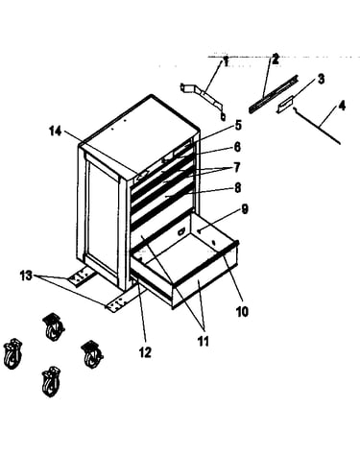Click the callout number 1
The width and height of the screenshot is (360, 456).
click(226, 61)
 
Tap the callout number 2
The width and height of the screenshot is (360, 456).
click(276, 59)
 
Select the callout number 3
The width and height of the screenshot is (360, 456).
click(321, 79)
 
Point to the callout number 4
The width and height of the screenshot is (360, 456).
click(342, 106)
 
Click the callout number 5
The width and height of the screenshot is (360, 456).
click(238, 126)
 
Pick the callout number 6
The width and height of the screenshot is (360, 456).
click(237, 147)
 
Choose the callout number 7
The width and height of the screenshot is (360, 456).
click(237, 168)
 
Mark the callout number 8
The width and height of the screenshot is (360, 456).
click(237, 188)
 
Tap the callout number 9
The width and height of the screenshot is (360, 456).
click(244, 209)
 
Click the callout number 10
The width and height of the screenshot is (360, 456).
click(242, 311)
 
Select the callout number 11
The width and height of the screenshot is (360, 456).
click(203, 341)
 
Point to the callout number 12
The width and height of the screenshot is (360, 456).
click(145, 352)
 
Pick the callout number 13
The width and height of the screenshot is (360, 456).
click(26, 275)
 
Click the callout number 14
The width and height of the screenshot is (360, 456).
click(55, 131)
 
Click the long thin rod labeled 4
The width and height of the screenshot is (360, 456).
click(316, 126)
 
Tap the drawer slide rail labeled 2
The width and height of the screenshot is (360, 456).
click(274, 93)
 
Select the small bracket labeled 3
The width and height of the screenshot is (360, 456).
click(284, 105)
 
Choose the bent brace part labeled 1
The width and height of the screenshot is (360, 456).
click(204, 100)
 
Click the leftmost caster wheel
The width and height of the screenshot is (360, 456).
click(12, 353)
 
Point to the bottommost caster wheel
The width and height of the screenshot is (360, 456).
click(51, 381)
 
